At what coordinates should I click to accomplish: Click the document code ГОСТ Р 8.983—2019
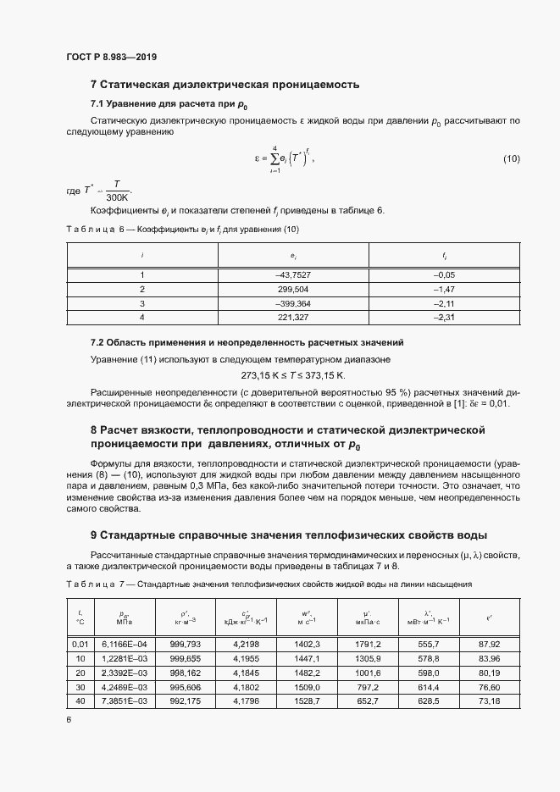click(x=111, y=58)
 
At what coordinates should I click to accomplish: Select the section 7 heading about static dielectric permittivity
click(x=225, y=85)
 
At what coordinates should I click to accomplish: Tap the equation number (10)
click(x=512, y=159)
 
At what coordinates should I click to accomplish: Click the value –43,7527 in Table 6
click(x=291, y=274)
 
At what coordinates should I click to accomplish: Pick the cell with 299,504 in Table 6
click(x=291, y=289)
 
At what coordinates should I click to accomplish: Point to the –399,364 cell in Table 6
click(x=291, y=302)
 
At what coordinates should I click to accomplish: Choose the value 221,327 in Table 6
click(x=291, y=317)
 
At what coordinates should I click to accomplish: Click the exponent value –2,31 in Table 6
click(x=444, y=317)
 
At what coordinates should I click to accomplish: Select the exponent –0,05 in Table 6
click(x=444, y=274)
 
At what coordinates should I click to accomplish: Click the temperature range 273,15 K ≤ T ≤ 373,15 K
click(x=294, y=374)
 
